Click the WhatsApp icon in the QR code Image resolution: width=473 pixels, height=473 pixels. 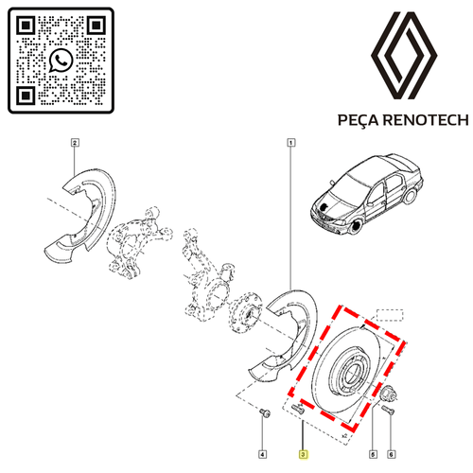[x=61, y=60]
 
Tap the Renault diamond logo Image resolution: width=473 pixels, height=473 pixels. [x=404, y=56]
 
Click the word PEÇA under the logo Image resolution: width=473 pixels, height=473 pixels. [x=358, y=120]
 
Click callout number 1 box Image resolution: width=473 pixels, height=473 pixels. [x=291, y=143]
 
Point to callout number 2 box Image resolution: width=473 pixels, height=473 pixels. [x=75, y=143]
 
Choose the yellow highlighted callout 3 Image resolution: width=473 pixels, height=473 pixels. [x=303, y=454]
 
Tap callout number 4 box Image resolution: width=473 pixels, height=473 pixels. [x=262, y=454]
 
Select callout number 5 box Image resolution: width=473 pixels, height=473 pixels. [x=373, y=454]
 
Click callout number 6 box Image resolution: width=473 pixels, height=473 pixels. [x=391, y=454]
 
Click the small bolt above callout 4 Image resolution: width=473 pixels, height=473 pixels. [x=265, y=412]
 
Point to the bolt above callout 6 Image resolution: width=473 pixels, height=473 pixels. [x=388, y=410]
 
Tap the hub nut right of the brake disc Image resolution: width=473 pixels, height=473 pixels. [x=387, y=393]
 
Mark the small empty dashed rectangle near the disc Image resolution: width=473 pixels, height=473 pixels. [x=390, y=315]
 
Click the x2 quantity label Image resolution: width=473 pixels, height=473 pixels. [x=344, y=436]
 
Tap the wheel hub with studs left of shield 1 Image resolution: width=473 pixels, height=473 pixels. [x=245, y=312]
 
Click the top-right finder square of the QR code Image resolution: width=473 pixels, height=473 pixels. [x=96, y=26]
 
